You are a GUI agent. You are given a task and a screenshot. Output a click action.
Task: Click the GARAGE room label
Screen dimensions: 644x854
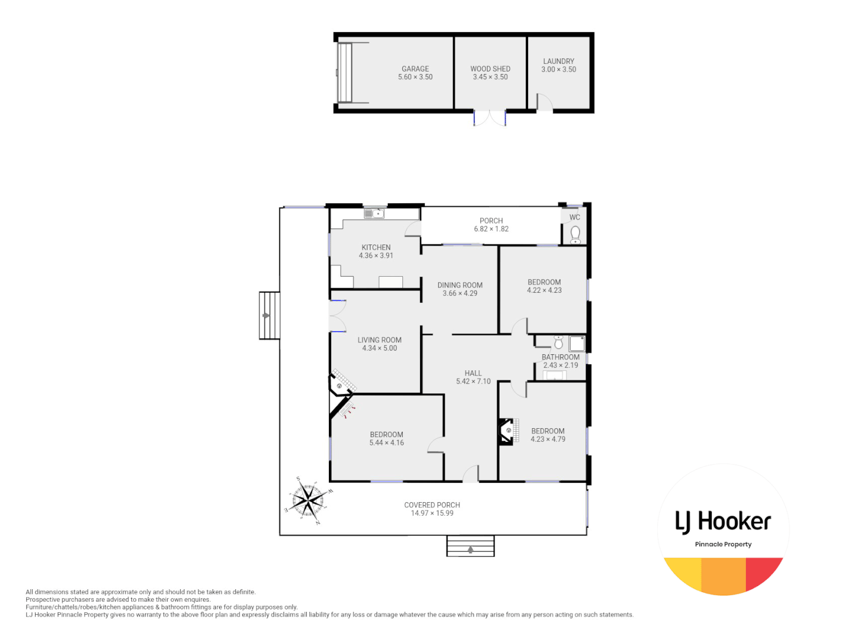pyautogui.click(x=415, y=69)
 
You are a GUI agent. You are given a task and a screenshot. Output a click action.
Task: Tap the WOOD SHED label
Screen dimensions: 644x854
pyautogui.click(x=490, y=69)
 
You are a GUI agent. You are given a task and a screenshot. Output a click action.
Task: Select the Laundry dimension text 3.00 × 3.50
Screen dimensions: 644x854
pyautogui.click(x=559, y=70)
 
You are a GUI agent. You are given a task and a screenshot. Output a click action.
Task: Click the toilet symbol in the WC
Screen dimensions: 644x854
pyautogui.click(x=575, y=233)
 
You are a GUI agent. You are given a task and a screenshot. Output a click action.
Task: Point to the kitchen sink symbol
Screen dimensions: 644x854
pyautogui.click(x=374, y=213)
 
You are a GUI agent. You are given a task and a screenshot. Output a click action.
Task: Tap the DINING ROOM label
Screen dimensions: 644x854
pyautogui.click(x=460, y=285)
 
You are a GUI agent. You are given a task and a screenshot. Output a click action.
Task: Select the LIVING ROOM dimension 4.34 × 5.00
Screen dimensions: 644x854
pyautogui.click(x=379, y=348)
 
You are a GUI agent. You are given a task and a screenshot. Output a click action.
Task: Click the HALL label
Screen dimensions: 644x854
pyautogui.click(x=473, y=373)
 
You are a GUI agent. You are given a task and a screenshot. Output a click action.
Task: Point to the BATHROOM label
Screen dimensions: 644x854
pyautogui.click(x=560, y=357)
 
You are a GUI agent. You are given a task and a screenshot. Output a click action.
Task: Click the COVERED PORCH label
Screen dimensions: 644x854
pyautogui.click(x=431, y=505)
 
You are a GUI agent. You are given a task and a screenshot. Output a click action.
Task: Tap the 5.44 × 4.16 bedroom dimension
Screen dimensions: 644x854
pyautogui.click(x=386, y=443)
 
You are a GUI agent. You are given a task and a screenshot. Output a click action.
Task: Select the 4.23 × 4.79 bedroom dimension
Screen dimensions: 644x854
pyautogui.click(x=548, y=439)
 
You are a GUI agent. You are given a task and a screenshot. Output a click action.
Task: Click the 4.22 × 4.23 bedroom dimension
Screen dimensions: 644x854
pyautogui.click(x=544, y=290)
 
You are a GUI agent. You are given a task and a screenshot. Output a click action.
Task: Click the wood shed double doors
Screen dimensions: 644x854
pyautogui.click(x=489, y=117)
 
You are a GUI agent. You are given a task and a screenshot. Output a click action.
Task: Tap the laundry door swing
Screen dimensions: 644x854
pyautogui.click(x=544, y=103)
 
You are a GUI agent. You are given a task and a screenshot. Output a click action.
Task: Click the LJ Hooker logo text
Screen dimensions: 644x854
pyautogui.click(x=723, y=522)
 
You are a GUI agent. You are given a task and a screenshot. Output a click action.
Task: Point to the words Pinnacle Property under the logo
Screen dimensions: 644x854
pyautogui.click(x=723, y=544)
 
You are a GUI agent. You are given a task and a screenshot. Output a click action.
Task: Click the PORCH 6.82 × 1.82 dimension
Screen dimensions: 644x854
pyautogui.click(x=491, y=229)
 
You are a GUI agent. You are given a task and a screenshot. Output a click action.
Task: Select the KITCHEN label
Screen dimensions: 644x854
pyautogui.click(x=376, y=247)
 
